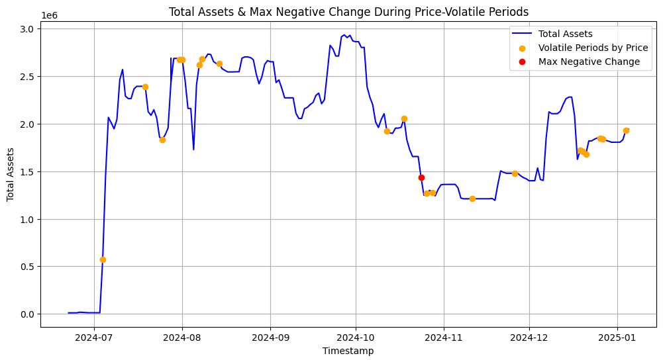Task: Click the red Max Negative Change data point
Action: coord(421,177)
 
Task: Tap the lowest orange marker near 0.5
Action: coord(103,259)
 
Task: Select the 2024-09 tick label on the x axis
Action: coord(270,338)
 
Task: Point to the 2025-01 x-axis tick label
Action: coord(617,338)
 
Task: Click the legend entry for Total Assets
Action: coord(565,34)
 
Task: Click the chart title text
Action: coord(348,11)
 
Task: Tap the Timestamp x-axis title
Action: coord(348,351)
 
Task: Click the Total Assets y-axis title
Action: coord(11,174)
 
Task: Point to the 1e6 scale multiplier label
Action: coord(50,15)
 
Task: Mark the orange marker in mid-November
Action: coord(472,199)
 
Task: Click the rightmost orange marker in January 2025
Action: coord(626,130)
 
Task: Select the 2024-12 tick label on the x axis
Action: coord(529,338)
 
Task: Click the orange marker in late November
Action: coord(515,173)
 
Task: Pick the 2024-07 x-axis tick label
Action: coord(94,338)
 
